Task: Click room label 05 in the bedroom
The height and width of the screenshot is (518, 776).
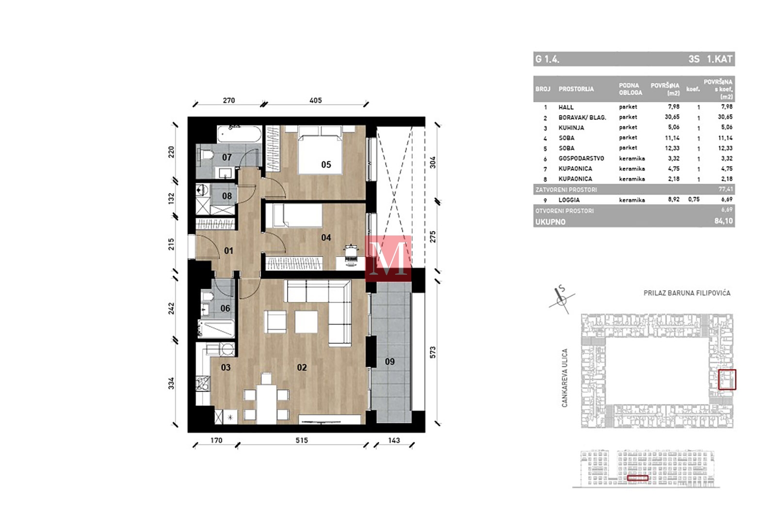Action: coord(326,165)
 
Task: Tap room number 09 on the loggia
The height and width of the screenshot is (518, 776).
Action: coord(390,362)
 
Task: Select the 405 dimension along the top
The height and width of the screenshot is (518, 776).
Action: coord(316,100)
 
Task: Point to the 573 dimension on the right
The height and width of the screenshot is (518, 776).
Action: coord(433,352)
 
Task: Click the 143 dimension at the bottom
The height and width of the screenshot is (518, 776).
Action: coord(394,440)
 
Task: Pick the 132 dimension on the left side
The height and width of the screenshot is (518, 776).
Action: coord(172,199)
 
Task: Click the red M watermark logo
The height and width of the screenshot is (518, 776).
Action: coord(388,258)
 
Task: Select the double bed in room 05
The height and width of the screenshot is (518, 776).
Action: coord(321,150)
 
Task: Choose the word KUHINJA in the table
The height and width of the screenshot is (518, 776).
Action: coord(571,128)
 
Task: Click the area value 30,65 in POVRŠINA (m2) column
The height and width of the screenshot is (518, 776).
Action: coord(672,117)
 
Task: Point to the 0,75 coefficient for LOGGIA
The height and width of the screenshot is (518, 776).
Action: coord(694,200)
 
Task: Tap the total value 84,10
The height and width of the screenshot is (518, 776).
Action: coord(724,221)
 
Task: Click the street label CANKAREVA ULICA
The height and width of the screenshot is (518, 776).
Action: coord(565,378)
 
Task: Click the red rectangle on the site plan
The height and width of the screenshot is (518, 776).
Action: coord(727,379)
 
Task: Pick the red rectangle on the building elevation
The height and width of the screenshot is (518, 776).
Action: coord(637,478)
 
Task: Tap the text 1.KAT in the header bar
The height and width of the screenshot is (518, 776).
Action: coord(720,59)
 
